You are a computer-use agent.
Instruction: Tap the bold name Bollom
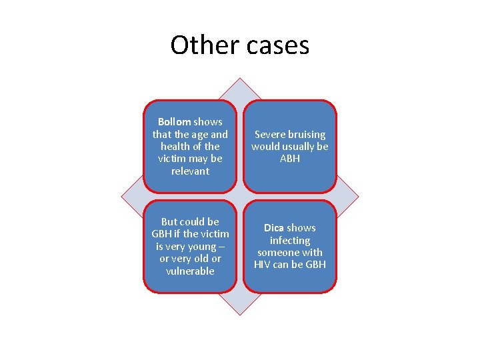pyautogui.click(x=174, y=122)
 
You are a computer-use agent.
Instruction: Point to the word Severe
pyautogui.click(x=269, y=135)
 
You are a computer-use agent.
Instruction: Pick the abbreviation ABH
pyautogui.click(x=290, y=159)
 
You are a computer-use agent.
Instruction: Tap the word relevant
pyautogui.click(x=190, y=171)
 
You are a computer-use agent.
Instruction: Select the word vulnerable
pyautogui.click(x=190, y=271)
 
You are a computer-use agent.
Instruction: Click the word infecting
pyautogui.click(x=290, y=240)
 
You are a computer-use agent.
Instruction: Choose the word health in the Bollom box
pyautogui.click(x=175, y=147)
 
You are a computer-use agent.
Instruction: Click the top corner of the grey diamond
pyautogui.click(x=240, y=79)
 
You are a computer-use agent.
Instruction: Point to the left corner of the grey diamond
pyautogui.click(x=121, y=197)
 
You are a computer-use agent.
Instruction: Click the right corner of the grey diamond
pyautogui.click(x=359, y=197)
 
